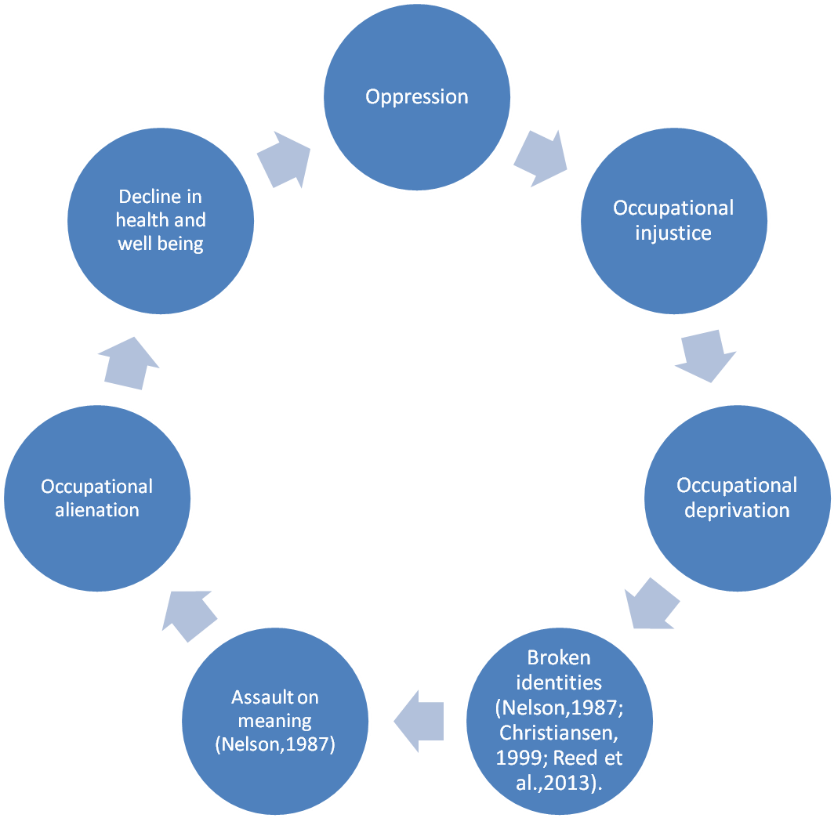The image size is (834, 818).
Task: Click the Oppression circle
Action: (x=417, y=97)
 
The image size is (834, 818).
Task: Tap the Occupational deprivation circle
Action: (x=737, y=498)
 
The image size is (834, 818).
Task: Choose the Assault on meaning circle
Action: (x=275, y=721)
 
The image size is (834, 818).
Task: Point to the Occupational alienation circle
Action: (x=97, y=498)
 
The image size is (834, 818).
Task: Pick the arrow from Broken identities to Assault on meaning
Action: (x=419, y=721)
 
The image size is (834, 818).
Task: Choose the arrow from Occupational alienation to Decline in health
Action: (x=129, y=362)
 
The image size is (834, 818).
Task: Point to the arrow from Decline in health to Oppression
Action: (x=284, y=159)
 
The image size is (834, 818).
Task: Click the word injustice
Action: (x=673, y=233)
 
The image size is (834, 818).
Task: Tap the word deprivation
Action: (x=737, y=510)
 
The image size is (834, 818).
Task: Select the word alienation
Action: (x=97, y=510)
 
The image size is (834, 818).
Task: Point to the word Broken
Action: (x=559, y=657)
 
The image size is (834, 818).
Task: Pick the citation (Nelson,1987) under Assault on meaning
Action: (x=275, y=744)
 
